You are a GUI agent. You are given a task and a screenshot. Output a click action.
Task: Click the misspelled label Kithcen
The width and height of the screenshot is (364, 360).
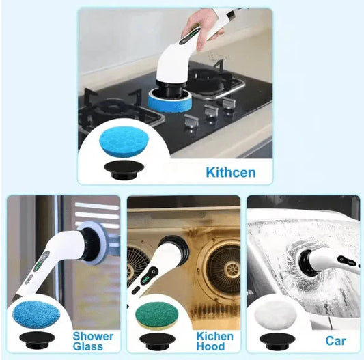(x=230, y=171)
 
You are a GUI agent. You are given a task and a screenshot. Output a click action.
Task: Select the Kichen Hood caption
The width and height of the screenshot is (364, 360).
(x=214, y=340)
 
